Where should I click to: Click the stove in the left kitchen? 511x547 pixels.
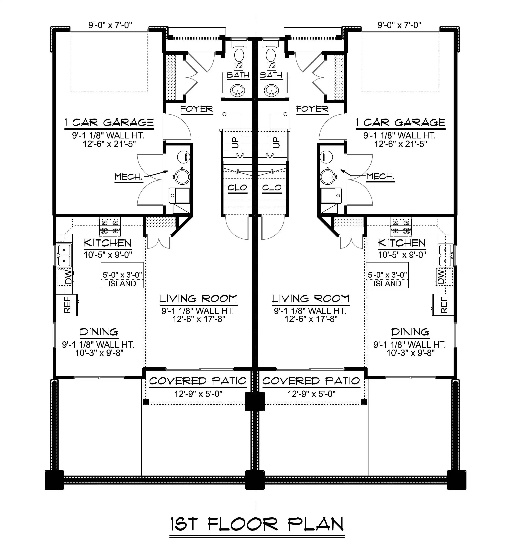pyautogui.click(x=110, y=227)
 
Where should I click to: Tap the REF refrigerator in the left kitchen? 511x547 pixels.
pyautogui.click(x=67, y=305)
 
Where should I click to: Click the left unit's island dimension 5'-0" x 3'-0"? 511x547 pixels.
pyautogui.click(x=122, y=275)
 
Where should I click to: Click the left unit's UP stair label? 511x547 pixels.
pyautogui.click(x=236, y=142)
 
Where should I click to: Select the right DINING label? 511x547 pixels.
pyautogui.click(x=410, y=332)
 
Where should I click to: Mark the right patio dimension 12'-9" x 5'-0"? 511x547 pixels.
pyautogui.click(x=312, y=394)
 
